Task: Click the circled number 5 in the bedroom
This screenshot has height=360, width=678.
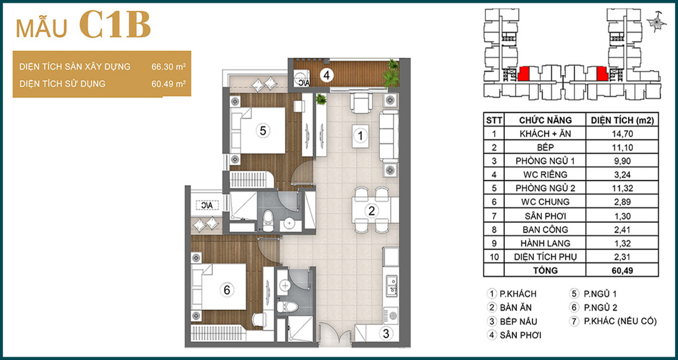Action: tap(263, 131)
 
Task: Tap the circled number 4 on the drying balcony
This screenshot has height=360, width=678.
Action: tap(326, 75)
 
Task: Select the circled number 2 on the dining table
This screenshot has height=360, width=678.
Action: tap(371, 211)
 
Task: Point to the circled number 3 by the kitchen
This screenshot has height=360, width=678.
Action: tap(386, 334)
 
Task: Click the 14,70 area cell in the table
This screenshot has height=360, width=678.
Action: tap(622, 134)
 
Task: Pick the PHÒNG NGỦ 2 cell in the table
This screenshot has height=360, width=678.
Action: tap(545, 188)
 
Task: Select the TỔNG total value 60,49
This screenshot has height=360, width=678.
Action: tap(622, 270)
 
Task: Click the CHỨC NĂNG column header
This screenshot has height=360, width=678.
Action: tap(545, 120)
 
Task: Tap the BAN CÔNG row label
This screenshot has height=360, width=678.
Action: tap(545, 230)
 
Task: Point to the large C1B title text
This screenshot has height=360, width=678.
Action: tap(115, 25)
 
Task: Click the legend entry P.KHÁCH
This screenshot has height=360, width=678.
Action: tap(518, 294)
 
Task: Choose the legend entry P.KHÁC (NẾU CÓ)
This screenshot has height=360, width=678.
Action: tap(620, 321)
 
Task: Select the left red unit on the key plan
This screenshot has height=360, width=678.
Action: tap(523, 74)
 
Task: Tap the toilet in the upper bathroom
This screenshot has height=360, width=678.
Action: tap(268, 220)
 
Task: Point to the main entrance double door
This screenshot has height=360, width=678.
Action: tap(335, 334)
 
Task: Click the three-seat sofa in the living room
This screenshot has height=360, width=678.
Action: tap(389, 136)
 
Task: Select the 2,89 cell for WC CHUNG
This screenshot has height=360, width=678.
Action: tap(622, 202)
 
